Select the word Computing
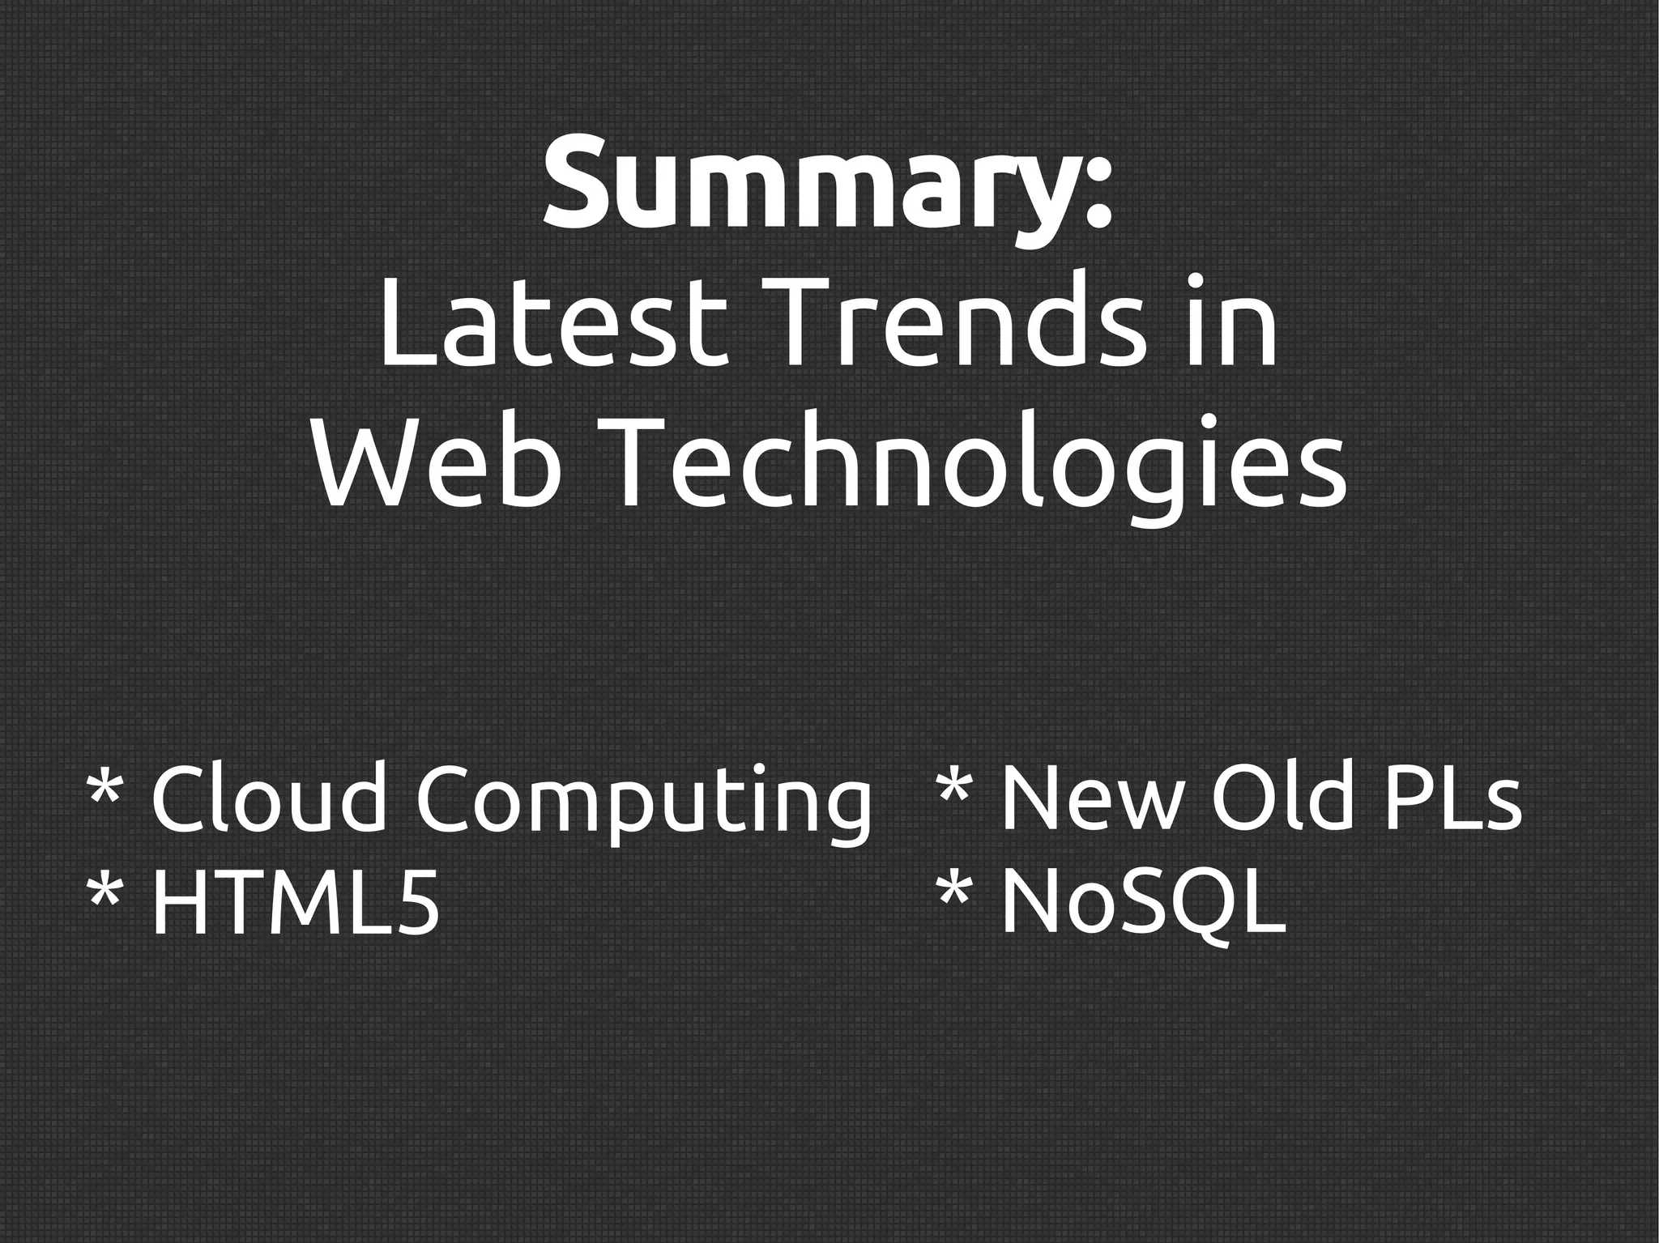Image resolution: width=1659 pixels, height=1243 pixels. coord(645,803)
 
